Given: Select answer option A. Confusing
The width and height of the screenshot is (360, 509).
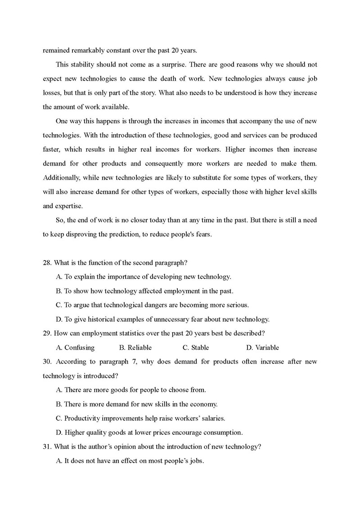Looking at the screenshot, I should pyautogui.click(x=76, y=347).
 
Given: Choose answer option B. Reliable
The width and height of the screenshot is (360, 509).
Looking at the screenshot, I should pyautogui.click(x=135, y=347).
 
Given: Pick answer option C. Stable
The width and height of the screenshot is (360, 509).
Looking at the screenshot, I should pyautogui.click(x=196, y=347).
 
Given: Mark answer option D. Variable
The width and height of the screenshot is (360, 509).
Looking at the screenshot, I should pyautogui.click(x=262, y=347).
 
